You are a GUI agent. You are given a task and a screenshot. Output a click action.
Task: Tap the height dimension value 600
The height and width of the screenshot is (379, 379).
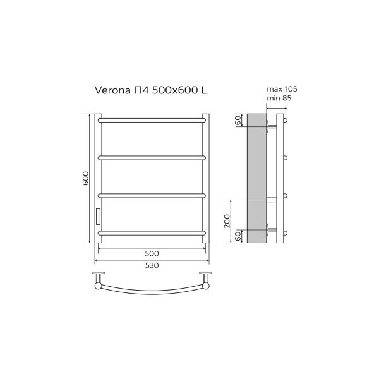coord(86,179)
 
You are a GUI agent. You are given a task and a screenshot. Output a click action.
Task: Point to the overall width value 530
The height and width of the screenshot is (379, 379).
coord(151,265)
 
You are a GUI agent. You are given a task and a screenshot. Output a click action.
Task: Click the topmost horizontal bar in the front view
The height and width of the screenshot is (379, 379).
coord(152,117)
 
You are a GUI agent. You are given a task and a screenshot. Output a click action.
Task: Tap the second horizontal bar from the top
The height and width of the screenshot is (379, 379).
coord(152,156)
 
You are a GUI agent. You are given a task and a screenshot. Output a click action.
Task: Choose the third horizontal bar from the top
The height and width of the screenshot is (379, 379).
coord(152,195)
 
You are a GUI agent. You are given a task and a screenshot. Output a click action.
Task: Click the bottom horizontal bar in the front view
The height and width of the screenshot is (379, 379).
coord(152,233)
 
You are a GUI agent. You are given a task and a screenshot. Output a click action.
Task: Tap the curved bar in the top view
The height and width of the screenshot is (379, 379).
coord(152,292)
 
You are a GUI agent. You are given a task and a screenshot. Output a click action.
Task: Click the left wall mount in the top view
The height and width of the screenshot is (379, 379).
coord(98,278)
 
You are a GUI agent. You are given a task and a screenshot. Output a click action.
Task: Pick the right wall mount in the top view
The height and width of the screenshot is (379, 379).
coord(205,278)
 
